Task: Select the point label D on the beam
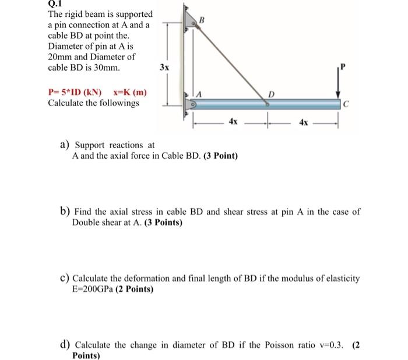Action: click(x=270, y=94)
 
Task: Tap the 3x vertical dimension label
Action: click(x=165, y=67)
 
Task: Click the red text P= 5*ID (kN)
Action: click(x=75, y=92)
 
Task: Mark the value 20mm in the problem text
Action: click(x=61, y=57)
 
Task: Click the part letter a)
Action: click(x=66, y=145)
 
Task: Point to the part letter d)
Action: click(x=66, y=345)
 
